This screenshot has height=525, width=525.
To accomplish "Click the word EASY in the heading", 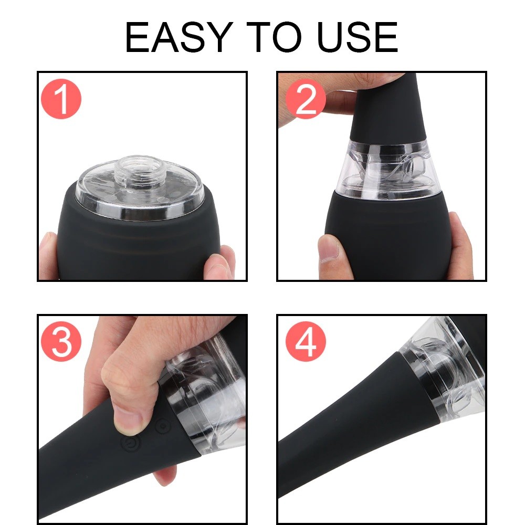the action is (x=179, y=37).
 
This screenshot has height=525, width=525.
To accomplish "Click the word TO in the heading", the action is (x=274, y=37).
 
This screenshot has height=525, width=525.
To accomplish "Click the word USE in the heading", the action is (x=357, y=37).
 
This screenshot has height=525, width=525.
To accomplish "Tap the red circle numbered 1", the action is (x=61, y=99).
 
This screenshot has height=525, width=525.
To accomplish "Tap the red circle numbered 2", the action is (x=306, y=99).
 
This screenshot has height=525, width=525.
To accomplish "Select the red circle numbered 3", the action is (x=61, y=342).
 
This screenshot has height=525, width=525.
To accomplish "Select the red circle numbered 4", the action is (x=306, y=342).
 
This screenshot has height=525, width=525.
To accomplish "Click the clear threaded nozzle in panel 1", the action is (x=139, y=170).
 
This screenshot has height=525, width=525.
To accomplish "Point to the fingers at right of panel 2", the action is (x=460, y=245).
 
